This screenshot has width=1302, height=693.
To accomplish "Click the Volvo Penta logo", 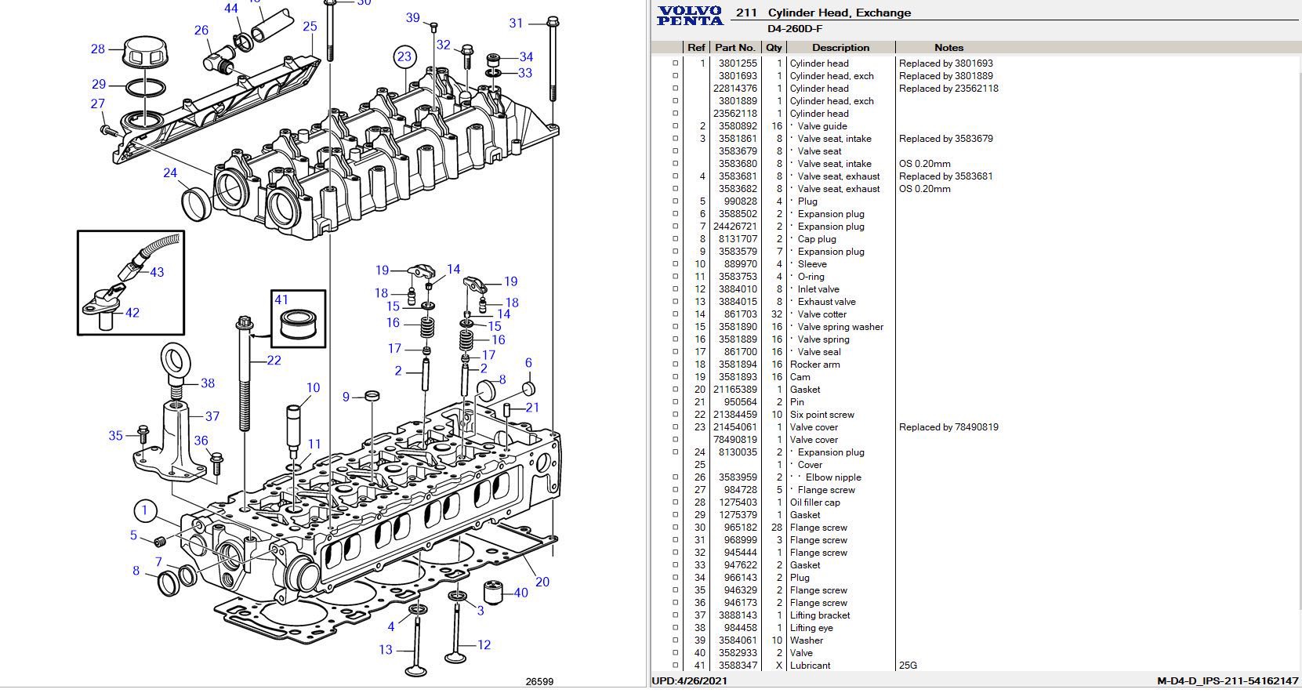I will pos(690,15).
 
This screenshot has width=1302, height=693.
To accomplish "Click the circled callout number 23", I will pos(404,56).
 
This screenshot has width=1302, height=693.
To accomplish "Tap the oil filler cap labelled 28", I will pos(147,53).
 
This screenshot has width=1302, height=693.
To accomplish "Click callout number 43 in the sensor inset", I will pos(157,272).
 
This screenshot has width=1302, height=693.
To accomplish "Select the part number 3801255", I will pos(738,63).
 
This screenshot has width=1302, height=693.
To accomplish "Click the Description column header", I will pos(840,48).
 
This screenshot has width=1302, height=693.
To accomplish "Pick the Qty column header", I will pos(774,48).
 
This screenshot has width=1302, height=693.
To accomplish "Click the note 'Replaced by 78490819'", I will pos(948,427).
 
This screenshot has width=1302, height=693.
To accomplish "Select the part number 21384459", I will pos(735,415).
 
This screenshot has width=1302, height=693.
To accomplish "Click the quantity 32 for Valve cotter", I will pos(776,314).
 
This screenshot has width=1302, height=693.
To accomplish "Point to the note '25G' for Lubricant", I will pos(908,666).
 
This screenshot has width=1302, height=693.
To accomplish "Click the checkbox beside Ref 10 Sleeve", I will pos(675,264).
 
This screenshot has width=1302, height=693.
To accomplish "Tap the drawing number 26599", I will pos(539,681).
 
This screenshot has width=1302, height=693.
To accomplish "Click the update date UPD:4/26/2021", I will pos(689,681).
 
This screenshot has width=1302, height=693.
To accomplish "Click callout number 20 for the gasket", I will pos(542,582).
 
